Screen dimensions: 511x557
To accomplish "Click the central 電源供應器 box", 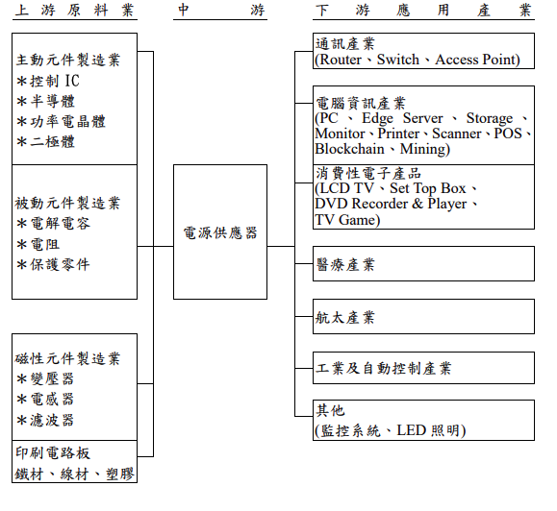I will [x=220, y=233].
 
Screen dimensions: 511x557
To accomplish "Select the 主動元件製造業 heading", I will [x=68, y=61].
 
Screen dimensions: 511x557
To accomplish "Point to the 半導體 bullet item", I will [x=52, y=101].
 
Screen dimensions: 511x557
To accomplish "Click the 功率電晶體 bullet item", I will [x=62, y=122].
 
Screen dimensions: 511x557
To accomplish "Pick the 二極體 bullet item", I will [x=52, y=142].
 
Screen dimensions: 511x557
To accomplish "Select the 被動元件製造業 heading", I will [x=68, y=204].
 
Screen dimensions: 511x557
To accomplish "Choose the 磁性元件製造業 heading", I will [x=68, y=359].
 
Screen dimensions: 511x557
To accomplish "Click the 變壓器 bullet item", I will [x=52, y=379].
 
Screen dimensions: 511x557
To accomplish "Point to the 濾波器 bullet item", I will [x=52, y=421].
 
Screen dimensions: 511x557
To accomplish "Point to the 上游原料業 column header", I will [x=75, y=11].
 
